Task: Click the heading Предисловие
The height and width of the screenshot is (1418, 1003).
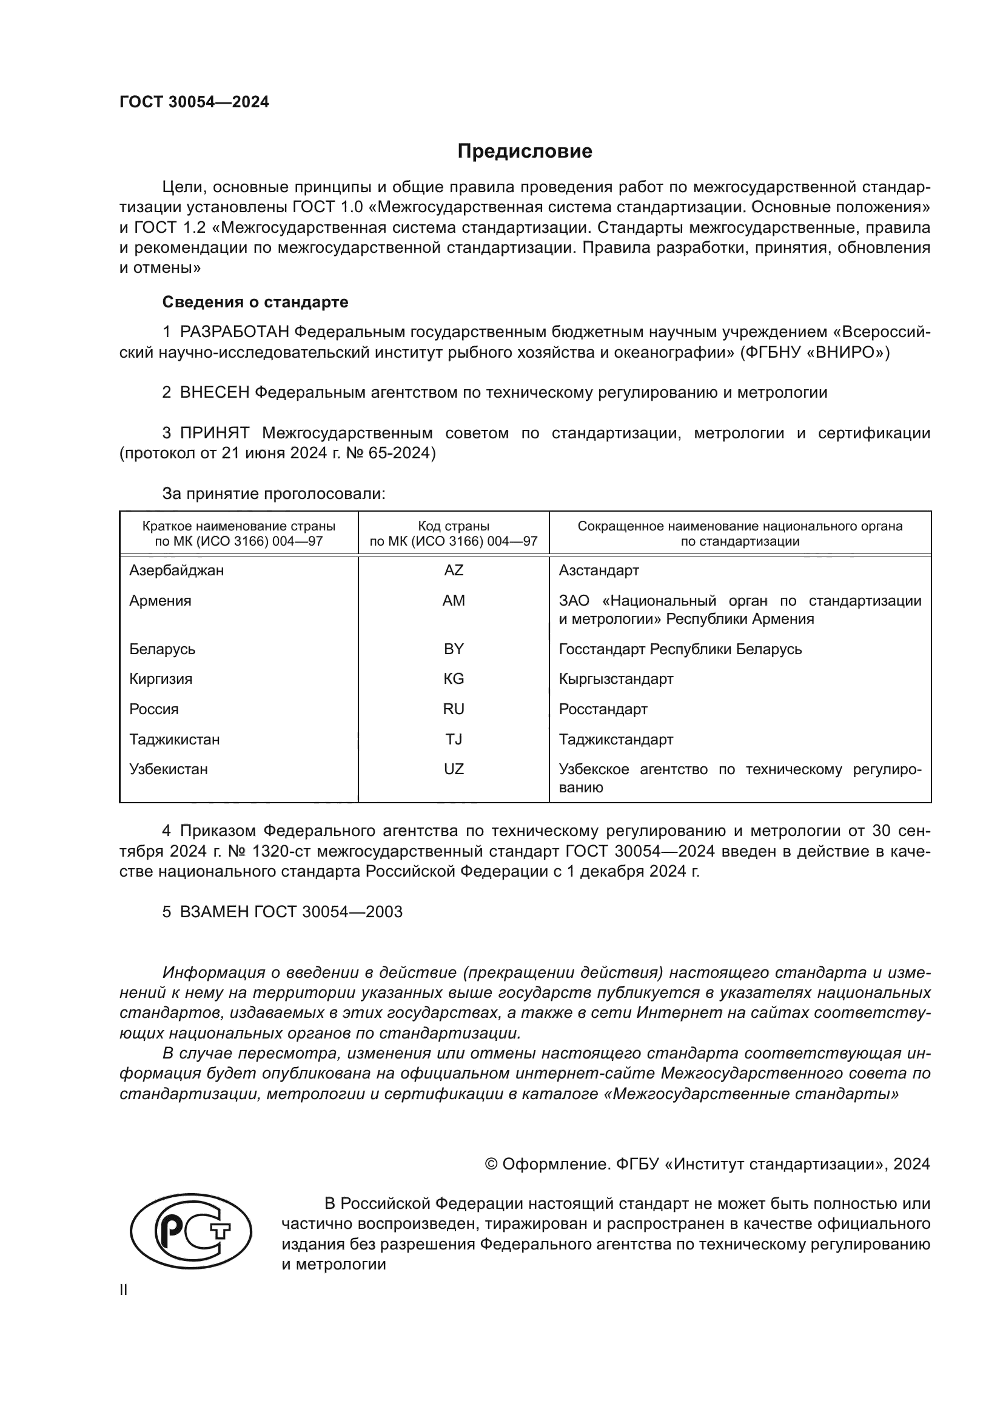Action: click(525, 152)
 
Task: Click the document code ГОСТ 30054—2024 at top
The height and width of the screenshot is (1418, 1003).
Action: click(194, 102)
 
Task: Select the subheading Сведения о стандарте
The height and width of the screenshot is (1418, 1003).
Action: click(255, 302)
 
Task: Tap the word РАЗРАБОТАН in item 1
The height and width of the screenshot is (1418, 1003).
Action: click(234, 332)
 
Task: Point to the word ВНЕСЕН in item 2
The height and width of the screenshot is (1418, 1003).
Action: click(214, 392)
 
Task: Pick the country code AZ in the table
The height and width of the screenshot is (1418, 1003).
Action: click(454, 570)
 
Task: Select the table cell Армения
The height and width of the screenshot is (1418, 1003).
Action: click(160, 600)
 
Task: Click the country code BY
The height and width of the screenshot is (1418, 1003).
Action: click(454, 649)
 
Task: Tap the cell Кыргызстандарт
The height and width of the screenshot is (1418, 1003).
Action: click(616, 679)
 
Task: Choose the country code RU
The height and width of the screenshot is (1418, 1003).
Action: click(454, 709)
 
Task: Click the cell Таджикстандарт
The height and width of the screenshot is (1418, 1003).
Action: click(616, 739)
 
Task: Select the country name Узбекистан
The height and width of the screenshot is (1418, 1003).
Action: click(168, 769)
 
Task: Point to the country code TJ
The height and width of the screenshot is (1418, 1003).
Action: click(454, 739)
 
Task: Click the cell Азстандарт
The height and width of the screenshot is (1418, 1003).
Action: click(599, 570)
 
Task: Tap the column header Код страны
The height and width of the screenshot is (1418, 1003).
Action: click(454, 526)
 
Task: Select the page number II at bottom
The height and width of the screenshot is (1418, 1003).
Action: click(124, 1289)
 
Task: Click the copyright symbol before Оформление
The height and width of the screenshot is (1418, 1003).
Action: click(491, 1164)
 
